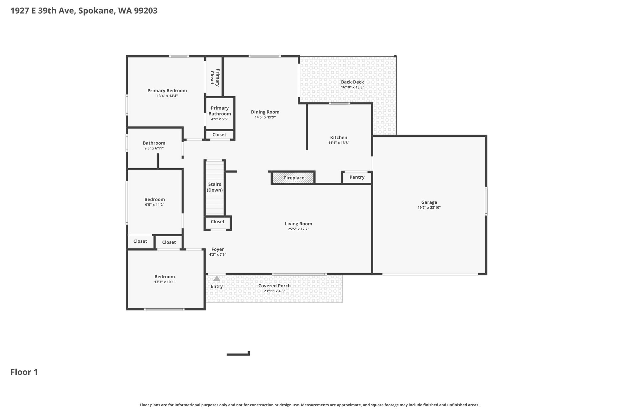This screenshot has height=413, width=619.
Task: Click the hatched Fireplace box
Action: pyautogui.click(x=293, y=178)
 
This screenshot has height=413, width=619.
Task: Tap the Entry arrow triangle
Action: pyautogui.click(x=217, y=278)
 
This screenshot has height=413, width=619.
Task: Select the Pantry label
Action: pyautogui.click(x=357, y=177)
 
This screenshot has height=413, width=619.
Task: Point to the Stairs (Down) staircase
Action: pyautogui.click(x=215, y=188)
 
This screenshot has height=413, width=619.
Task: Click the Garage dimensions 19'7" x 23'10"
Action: pyautogui.click(x=429, y=208)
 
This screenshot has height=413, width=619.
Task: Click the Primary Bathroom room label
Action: pyautogui.click(x=220, y=111)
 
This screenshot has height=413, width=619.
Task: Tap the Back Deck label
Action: pyautogui.click(x=352, y=82)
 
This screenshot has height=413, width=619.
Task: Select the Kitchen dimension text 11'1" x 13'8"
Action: pyautogui.click(x=339, y=143)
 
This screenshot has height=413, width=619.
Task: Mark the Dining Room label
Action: pyautogui.click(x=265, y=112)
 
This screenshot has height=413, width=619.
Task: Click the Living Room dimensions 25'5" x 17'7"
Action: pyautogui.click(x=299, y=229)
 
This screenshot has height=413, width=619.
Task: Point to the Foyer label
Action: pyautogui.click(x=218, y=249)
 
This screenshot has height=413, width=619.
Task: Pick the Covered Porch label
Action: pyautogui.click(x=274, y=286)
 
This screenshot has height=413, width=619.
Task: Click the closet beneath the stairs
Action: pyautogui.click(x=218, y=223)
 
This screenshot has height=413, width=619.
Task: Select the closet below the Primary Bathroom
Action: pyautogui.click(x=219, y=135)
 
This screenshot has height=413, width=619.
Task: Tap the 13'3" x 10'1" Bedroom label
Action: pyautogui.click(x=165, y=277)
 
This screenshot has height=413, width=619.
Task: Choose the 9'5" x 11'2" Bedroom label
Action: pyautogui.click(x=155, y=199)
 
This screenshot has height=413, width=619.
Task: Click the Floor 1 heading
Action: pyautogui.click(x=24, y=372)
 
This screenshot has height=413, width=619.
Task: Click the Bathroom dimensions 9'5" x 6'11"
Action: pyautogui.click(x=154, y=148)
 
